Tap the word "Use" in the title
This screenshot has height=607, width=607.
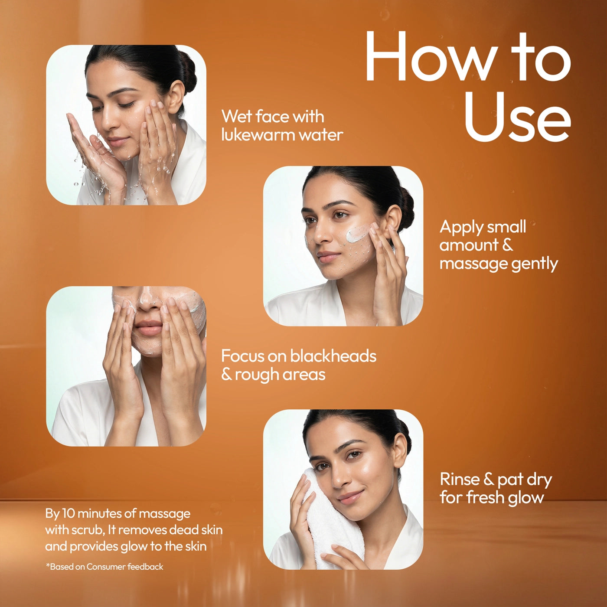517,117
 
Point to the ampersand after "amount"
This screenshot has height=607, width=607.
508,245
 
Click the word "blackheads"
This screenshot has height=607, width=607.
333,356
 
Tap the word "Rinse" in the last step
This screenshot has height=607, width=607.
460,480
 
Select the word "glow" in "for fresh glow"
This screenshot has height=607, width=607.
526,498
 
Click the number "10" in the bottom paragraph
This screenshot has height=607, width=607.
69,513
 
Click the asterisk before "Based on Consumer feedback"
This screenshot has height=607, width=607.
48,566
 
